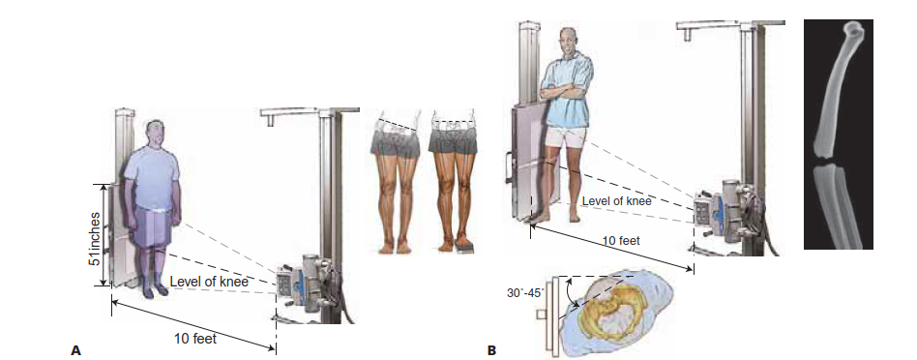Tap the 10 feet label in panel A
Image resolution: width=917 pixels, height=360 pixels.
[x=196, y=340]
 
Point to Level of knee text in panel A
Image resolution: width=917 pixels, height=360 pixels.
[x=209, y=282]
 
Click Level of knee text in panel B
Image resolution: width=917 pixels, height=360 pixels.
[x=617, y=201]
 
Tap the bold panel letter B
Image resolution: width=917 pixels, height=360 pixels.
[x=491, y=350]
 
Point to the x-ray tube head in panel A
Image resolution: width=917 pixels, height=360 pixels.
[x=302, y=282]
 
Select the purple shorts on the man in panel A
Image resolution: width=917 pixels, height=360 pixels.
[x=153, y=230]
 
